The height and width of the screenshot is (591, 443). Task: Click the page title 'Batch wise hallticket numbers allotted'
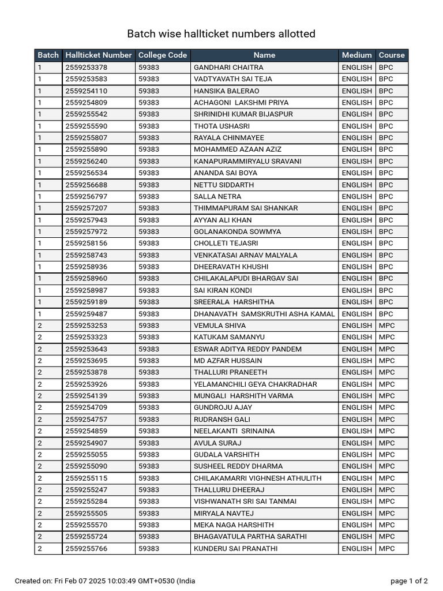click(x=221, y=34)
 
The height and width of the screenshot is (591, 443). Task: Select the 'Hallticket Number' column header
click(x=99, y=55)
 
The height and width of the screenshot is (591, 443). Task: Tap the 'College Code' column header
click(x=163, y=55)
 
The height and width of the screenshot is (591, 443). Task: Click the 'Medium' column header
click(x=356, y=55)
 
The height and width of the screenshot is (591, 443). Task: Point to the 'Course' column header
click(x=392, y=55)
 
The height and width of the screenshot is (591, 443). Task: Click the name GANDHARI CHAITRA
click(x=220, y=68)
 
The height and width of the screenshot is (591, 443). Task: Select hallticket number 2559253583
click(x=87, y=79)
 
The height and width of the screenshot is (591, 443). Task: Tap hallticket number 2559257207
click(x=87, y=208)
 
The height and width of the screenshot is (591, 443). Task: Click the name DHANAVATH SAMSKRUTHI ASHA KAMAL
click(x=264, y=314)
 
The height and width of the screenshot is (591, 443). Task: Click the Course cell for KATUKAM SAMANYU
click(x=387, y=337)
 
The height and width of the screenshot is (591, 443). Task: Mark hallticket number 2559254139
click(x=87, y=396)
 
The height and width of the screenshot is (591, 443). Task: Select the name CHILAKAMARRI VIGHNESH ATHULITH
click(x=257, y=478)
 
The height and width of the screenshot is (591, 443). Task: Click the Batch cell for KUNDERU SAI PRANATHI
click(x=40, y=548)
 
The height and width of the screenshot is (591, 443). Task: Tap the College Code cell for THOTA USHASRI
click(x=149, y=126)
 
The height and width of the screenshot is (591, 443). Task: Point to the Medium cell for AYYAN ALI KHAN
click(x=356, y=220)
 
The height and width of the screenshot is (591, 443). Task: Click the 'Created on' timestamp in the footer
click(x=105, y=581)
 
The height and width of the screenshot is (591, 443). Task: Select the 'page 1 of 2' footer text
click(x=409, y=581)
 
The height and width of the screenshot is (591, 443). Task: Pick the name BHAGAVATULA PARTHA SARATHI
click(x=250, y=537)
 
